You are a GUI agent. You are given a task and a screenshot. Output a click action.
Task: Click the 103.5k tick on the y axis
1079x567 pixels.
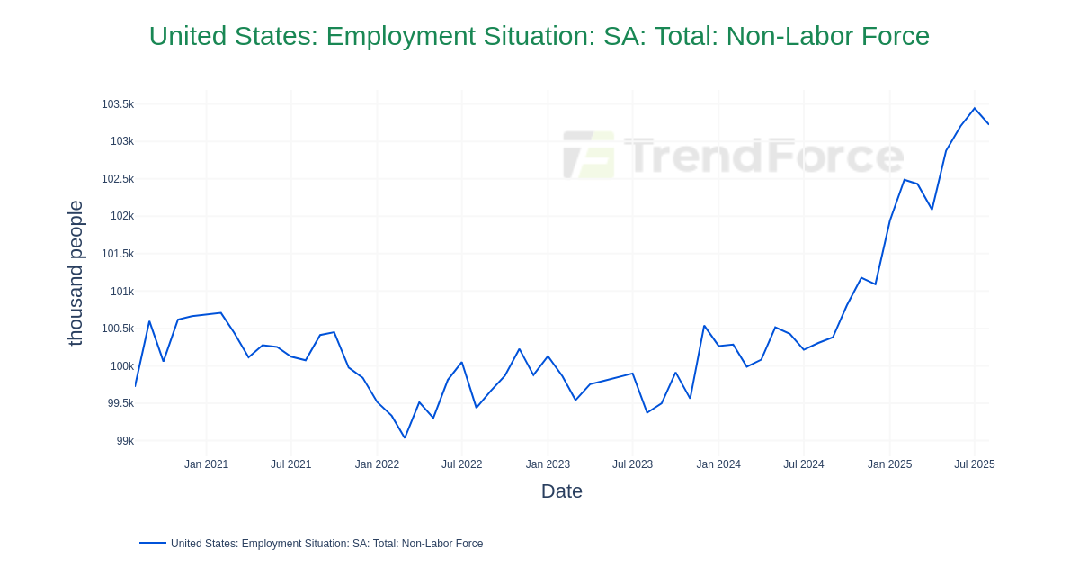[x=117, y=104]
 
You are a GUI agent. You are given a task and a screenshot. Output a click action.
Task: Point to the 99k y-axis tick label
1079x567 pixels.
[x=125, y=441]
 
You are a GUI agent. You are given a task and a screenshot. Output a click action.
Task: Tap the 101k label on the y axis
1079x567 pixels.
[x=122, y=292]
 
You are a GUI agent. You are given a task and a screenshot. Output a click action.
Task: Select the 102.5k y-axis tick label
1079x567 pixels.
[x=117, y=179]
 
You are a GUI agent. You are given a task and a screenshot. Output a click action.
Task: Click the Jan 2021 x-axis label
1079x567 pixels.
[x=206, y=464]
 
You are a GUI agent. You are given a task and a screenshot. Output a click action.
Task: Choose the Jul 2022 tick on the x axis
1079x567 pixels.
[x=461, y=464]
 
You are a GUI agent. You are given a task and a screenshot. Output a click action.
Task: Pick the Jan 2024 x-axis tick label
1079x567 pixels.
[x=718, y=464]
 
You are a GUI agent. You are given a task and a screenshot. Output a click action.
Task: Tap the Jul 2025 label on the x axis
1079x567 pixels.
[x=974, y=464]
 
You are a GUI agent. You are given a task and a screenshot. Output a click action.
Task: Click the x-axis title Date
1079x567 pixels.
[x=561, y=491]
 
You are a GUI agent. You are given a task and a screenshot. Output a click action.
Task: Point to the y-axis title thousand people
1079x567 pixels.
[x=76, y=273]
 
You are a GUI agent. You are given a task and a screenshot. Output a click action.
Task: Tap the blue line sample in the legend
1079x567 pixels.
[x=153, y=543]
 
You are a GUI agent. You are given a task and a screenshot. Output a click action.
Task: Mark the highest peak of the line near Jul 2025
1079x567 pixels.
[x=974, y=109]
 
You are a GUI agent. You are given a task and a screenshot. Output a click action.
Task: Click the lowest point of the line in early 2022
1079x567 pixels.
[x=405, y=438]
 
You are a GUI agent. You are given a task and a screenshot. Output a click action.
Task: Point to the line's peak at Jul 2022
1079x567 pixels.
[x=461, y=363]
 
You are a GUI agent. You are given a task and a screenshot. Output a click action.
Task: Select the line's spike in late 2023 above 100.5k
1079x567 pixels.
[x=704, y=326]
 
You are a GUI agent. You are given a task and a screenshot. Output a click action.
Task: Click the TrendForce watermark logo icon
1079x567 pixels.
[x=589, y=155]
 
